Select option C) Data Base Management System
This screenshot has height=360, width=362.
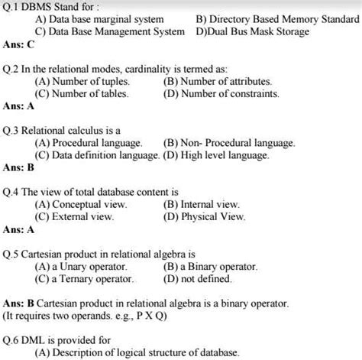point(108,32)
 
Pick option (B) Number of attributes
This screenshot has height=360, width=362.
point(218,81)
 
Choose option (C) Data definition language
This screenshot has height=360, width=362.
point(95,155)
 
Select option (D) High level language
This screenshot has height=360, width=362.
point(216,155)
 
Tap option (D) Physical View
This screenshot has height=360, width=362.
point(204,217)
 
